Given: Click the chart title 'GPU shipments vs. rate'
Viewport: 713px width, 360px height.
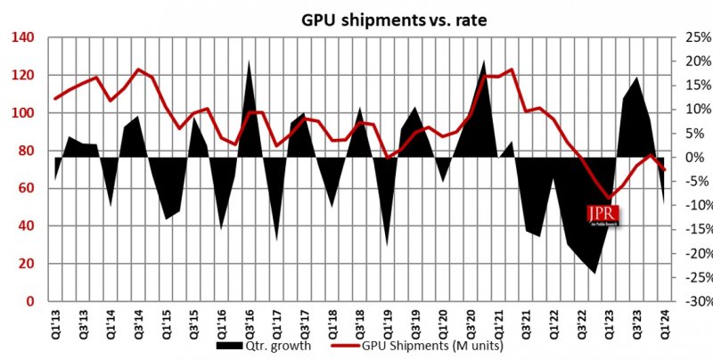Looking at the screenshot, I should pyautogui.click(x=356, y=15).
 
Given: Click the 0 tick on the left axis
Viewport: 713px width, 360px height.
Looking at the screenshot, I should pyautogui.click(x=27, y=302).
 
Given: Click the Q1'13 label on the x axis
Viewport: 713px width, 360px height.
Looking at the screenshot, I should pyautogui.click(x=56, y=319).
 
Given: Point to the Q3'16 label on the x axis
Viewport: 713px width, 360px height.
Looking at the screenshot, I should pyautogui.click(x=249, y=319).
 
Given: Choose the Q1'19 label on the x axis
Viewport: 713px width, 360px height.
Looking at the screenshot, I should pyautogui.click(x=387, y=319).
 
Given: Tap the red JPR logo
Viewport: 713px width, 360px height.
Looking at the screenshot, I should pyautogui.click(x=602, y=216).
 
